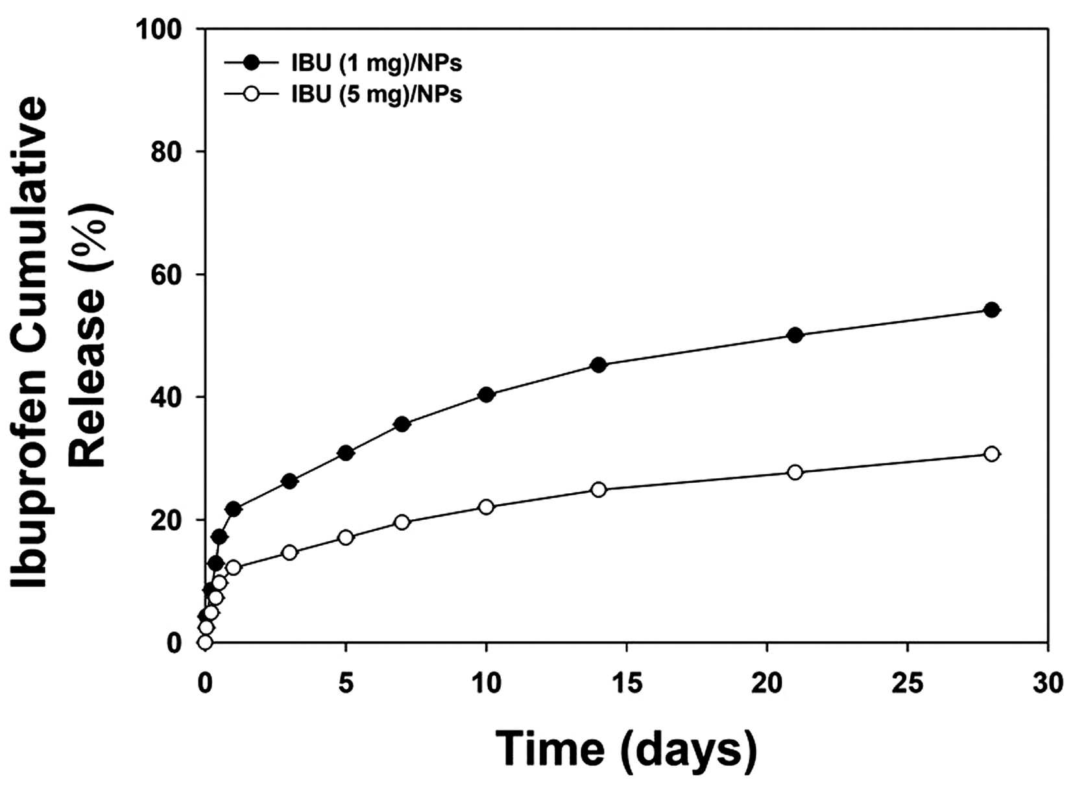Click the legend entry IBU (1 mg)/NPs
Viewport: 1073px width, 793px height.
point(343,64)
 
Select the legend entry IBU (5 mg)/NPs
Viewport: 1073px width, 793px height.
point(343,94)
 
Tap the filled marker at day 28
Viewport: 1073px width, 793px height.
point(991,310)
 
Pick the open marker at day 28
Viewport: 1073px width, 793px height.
point(991,454)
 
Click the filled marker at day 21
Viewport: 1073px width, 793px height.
point(795,335)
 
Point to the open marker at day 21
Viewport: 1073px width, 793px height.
point(795,472)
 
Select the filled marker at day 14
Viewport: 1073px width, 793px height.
point(598,365)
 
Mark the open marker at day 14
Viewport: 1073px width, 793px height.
point(598,489)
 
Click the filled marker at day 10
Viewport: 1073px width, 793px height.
point(486,395)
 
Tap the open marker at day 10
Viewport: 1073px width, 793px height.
point(486,507)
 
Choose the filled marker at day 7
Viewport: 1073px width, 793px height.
point(402,424)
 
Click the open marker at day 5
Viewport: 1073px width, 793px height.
point(346,537)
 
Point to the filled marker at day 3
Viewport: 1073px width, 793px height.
point(290,482)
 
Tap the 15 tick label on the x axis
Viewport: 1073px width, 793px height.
point(627,684)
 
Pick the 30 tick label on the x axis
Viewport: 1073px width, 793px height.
point(1048,684)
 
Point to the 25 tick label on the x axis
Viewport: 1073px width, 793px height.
point(907,684)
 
